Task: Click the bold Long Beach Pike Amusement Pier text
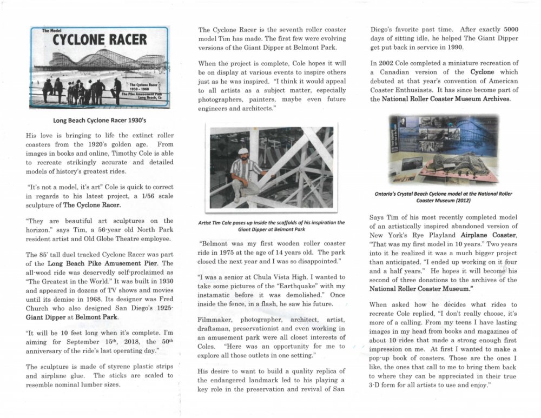(x=89, y=263)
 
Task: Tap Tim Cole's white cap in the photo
(x=243, y=151)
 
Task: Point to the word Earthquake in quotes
(x=282, y=286)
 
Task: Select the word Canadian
(x=397, y=72)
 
